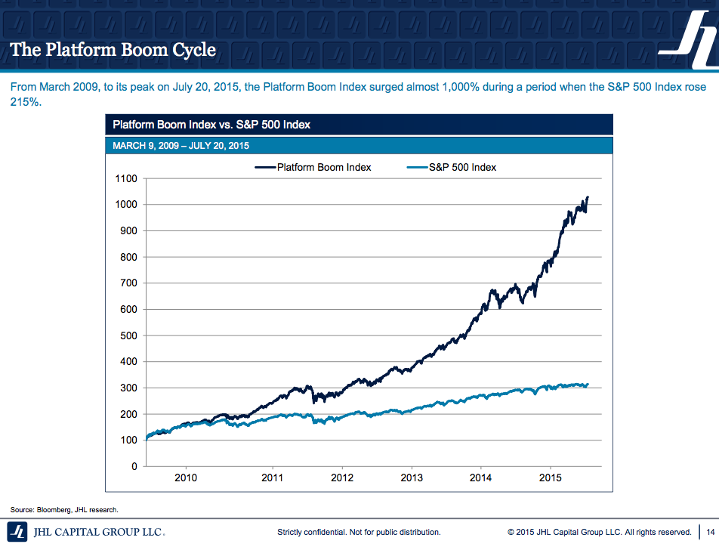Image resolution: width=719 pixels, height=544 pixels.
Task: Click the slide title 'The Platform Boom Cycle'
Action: coord(113,51)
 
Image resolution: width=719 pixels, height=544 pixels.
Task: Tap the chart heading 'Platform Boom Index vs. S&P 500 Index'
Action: coord(211,125)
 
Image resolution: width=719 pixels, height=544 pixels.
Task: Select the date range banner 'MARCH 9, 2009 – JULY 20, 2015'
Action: coord(181,145)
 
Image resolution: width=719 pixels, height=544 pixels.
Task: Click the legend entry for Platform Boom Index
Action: coord(313,167)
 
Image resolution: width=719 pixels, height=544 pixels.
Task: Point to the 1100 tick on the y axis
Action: coord(126,178)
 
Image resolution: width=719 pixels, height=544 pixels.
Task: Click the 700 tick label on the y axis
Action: coord(128,283)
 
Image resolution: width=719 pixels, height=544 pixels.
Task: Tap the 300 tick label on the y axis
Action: coord(128,388)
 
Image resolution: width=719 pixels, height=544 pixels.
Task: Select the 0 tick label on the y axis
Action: coord(134,466)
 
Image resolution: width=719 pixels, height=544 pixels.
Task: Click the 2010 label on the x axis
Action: coord(186,478)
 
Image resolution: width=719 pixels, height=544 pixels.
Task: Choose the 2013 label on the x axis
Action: coord(412,478)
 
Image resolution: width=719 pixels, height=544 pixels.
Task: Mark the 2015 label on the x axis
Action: coord(551,478)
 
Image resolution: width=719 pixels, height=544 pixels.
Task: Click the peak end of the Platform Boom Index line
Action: coord(587,197)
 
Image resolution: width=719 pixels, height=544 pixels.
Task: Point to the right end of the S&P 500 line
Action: coord(587,384)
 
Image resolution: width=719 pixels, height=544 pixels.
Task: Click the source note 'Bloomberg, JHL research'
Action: coord(64,509)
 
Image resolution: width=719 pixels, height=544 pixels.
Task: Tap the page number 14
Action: coord(710,532)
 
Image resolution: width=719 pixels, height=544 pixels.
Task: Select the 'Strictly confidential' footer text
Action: coord(359,532)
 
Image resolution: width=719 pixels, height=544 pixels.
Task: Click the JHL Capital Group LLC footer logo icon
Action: coord(17,531)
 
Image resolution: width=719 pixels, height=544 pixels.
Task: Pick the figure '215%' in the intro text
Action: coord(25,101)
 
